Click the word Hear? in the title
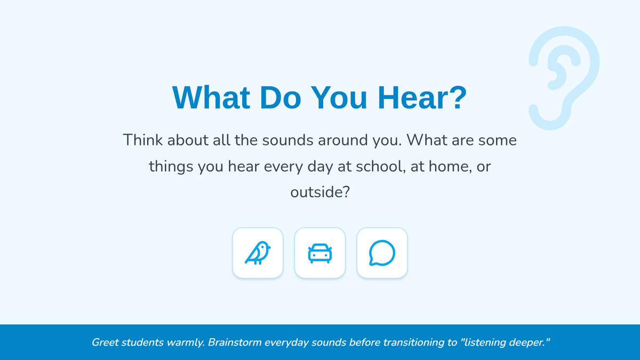coord(422,98)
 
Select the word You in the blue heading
coord(339,98)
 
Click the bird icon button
coord(258,253)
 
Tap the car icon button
coord(320,253)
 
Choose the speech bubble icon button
coord(382,253)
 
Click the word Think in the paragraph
coord(143,140)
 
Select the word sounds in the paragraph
coord(287,140)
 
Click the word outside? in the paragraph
coord(320,192)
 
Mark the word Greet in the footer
coord(105,342)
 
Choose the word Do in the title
coord(281,98)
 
